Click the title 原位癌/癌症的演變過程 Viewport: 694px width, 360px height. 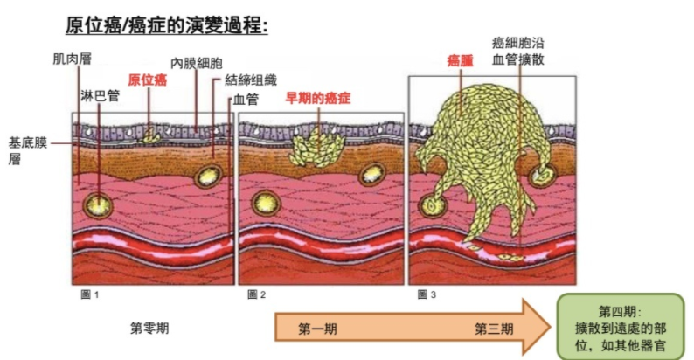point(166,24)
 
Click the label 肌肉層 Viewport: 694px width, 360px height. point(72,59)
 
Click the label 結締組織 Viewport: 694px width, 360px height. point(249,80)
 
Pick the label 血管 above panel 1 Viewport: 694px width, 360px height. point(246,100)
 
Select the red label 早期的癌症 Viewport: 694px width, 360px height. point(317,97)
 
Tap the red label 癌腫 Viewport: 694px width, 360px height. point(460,60)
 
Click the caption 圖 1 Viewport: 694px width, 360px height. point(89,294)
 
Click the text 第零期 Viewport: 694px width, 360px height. point(149,329)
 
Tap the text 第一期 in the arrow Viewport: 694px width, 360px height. point(317,329)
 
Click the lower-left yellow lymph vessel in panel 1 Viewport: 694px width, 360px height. point(98,204)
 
